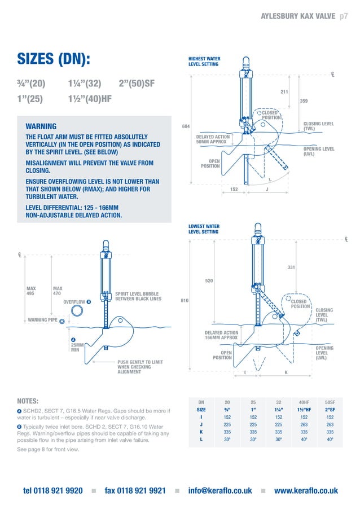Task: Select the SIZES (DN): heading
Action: coord(54,60)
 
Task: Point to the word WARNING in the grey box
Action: coord(37,126)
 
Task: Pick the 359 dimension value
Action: coord(304,102)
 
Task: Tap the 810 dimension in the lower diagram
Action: coord(184,301)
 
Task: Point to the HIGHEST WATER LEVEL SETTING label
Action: coord(204,62)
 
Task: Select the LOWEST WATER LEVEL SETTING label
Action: coord(204,229)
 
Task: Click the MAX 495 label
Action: coord(31,291)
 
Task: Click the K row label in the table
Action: coord(201,433)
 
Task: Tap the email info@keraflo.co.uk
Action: coord(220,490)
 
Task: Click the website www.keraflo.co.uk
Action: coord(306,490)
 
